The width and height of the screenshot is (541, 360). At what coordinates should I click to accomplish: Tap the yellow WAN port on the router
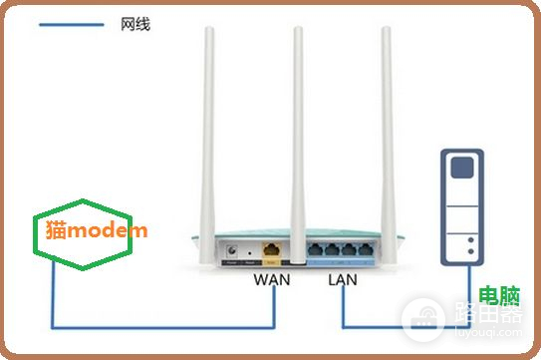(269, 251)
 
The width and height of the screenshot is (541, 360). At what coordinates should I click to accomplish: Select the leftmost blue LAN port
(317, 250)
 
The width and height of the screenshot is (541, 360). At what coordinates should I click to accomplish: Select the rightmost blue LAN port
(368, 250)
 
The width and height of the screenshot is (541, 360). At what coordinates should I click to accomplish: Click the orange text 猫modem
(97, 229)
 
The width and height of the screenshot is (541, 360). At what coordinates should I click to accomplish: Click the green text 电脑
(494, 295)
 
